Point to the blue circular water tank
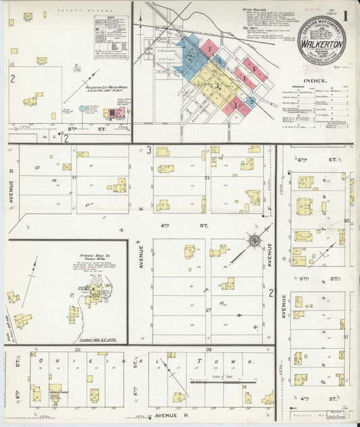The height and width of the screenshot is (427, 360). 82,108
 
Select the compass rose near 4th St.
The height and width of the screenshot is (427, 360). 253,240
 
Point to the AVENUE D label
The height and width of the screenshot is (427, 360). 11,190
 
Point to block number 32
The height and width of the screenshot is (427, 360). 209,350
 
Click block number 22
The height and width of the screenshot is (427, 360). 207,178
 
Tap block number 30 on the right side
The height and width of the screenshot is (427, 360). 346,221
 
